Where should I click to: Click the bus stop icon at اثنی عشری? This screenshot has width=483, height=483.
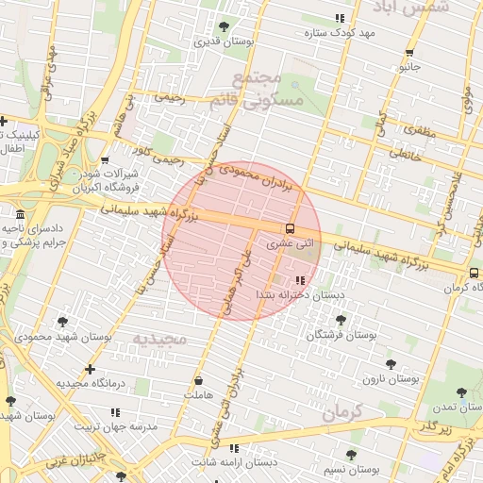(x=290, y=227)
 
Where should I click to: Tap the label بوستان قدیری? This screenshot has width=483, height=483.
(x=220, y=42)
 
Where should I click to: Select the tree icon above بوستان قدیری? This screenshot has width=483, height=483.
(x=224, y=26)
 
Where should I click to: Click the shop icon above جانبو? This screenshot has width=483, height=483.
(x=409, y=53)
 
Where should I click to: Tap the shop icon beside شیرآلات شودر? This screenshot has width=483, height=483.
(x=104, y=160)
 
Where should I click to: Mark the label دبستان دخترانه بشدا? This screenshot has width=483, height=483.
(x=286, y=296)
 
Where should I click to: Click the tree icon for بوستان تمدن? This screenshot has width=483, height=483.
(x=461, y=392)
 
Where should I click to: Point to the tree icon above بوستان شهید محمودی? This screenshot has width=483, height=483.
(x=62, y=322)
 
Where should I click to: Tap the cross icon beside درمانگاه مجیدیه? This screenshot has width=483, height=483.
(x=90, y=369)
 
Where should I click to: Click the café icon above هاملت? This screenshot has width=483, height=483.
(x=199, y=381)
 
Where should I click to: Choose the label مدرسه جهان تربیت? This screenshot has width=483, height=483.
(x=113, y=426)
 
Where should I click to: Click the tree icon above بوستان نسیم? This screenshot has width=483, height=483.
(x=351, y=455)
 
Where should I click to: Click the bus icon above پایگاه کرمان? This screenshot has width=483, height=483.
(x=473, y=274)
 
